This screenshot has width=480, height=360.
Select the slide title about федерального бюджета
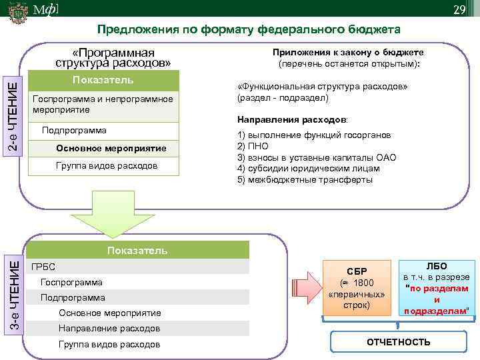click(x=249, y=30)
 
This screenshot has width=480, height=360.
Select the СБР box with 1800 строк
click(x=357, y=287)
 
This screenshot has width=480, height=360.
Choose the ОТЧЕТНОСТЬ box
click(x=398, y=342)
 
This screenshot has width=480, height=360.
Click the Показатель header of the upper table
click(x=105, y=81)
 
